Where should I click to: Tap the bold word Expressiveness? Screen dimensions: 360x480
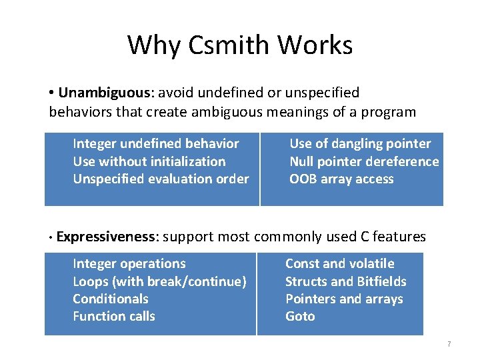[107, 237]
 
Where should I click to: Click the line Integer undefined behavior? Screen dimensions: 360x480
[155, 144]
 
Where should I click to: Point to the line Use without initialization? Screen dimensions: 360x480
[149, 161]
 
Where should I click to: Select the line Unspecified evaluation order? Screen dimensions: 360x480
[160, 179]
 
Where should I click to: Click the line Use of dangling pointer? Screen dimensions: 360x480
[360, 144]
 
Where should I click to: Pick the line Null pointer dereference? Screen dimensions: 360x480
[364, 161]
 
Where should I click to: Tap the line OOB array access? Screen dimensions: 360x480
[341, 179]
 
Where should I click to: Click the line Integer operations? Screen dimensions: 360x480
[129, 264]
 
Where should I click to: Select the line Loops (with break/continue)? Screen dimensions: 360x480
[159, 281]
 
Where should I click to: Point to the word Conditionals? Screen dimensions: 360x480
[110, 299]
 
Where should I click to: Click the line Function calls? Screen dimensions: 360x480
[113, 316]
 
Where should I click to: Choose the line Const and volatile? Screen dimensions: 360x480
[339, 264]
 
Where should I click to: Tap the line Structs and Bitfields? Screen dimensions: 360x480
[345, 281]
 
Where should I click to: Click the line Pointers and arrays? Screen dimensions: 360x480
[344, 299]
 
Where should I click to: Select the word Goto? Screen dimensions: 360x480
[300, 316]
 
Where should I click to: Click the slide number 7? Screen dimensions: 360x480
[449, 344]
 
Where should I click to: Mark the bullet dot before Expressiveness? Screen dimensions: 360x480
[51, 237]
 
